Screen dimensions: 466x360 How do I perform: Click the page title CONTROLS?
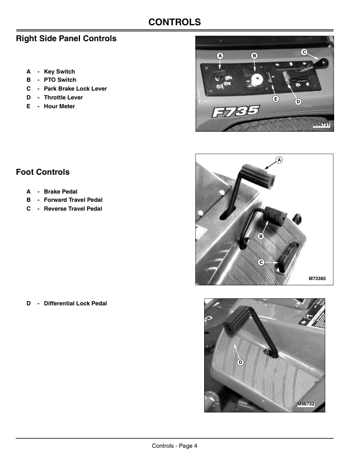click(x=174, y=22)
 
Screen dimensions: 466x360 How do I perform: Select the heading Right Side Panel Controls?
click(x=66, y=39)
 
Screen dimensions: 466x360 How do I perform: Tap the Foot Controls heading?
click(x=42, y=172)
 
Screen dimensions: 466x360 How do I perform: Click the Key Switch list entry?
click(x=59, y=71)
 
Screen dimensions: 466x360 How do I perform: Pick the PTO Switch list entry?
click(x=59, y=80)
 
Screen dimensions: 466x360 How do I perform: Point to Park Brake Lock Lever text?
click(x=75, y=89)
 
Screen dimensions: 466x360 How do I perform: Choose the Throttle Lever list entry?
click(x=63, y=98)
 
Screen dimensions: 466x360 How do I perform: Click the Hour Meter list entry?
click(x=59, y=106)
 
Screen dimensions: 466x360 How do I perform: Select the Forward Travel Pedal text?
click(x=73, y=200)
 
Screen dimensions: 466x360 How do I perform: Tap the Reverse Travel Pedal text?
click(x=73, y=209)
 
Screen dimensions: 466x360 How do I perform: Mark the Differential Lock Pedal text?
click(x=75, y=304)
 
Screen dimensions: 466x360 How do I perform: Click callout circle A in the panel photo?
click(x=221, y=55)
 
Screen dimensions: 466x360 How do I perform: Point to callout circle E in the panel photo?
click(x=275, y=99)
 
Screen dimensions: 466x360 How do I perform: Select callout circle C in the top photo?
click(x=304, y=52)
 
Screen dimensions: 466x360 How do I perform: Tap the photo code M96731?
click(x=321, y=125)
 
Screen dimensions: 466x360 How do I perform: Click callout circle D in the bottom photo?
click(x=241, y=362)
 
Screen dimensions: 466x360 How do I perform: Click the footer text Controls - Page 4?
click(x=174, y=445)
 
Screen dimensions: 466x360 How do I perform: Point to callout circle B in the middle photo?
click(x=261, y=236)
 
